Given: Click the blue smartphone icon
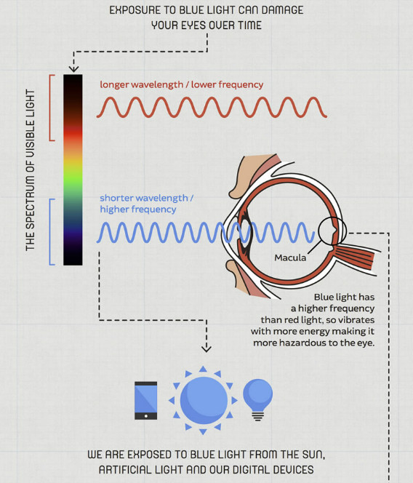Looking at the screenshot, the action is [145, 401].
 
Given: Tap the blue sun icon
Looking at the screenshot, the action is [203, 400].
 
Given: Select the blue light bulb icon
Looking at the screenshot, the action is [258, 400].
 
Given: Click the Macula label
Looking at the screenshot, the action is [290, 258].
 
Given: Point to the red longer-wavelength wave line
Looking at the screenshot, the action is [212, 107].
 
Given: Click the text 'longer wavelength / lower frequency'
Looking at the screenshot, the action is [181, 84].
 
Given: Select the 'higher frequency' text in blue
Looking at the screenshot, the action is [138, 209].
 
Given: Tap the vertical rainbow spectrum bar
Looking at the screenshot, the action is [73, 169].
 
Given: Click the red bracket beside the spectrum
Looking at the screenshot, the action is [50, 108].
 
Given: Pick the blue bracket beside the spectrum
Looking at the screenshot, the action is [50, 231].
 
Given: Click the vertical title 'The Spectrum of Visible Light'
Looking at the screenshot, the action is [30, 169].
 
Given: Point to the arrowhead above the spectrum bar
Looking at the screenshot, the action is [73, 68].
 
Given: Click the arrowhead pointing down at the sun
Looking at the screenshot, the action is [206, 348].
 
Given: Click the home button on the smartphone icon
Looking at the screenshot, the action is [145, 416].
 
